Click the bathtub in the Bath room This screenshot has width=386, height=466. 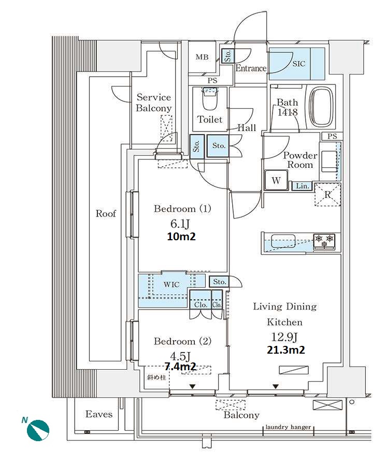[321, 107]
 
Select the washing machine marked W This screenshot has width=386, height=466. [276, 180]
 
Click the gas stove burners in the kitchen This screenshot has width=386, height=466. [324, 241]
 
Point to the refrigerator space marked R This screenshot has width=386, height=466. [327, 195]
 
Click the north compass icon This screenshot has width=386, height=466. [38, 429]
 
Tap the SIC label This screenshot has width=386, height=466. [298, 64]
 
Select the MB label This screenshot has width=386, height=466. [202, 57]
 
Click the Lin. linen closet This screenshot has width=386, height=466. [302, 186]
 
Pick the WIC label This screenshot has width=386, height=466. [171, 284]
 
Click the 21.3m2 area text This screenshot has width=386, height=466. [286, 350]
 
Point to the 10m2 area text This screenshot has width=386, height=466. [181, 237]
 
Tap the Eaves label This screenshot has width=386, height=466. [99, 414]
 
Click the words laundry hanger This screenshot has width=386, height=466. [288, 427]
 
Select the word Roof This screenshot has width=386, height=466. [106, 213]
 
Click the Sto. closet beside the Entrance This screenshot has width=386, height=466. [228, 56]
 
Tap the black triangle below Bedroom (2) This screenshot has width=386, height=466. [193, 386]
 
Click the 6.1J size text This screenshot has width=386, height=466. [180, 223]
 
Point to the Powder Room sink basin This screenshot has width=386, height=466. [330, 162]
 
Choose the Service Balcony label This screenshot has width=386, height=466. [154, 103]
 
